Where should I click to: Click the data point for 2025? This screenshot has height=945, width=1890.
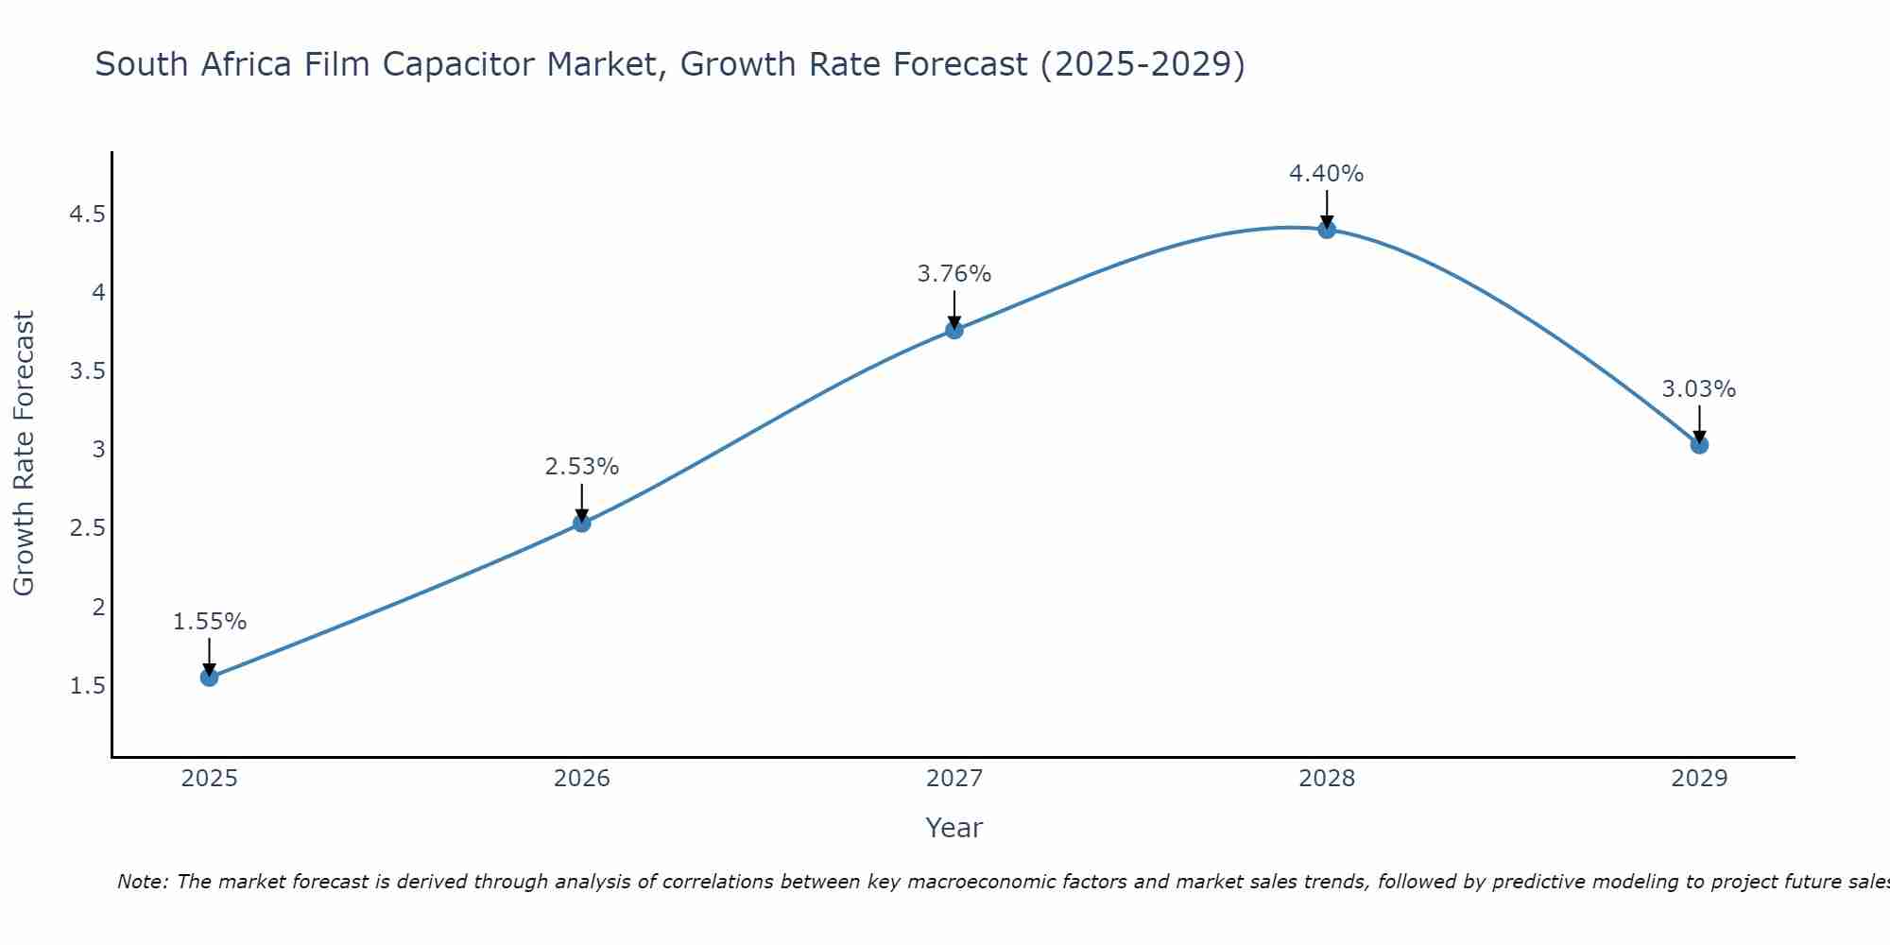tap(209, 677)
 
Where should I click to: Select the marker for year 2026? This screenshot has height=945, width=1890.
tap(582, 523)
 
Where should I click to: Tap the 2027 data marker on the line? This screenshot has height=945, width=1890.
tap(954, 330)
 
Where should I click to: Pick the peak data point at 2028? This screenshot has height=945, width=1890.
tap(1327, 229)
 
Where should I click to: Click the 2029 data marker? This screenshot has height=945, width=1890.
tap(1699, 444)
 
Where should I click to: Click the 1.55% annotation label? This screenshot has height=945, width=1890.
tap(209, 622)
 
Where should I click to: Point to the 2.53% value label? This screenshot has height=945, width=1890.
tap(582, 467)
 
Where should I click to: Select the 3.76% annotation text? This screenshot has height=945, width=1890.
tap(954, 274)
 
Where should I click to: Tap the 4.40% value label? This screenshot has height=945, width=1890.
tap(1327, 174)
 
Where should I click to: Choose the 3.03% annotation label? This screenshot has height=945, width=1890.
tap(1699, 389)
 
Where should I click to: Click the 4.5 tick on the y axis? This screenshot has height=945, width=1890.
tap(87, 215)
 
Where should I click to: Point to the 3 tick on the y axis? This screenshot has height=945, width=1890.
tap(98, 450)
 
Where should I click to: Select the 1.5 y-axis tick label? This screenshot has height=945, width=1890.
tap(87, 685)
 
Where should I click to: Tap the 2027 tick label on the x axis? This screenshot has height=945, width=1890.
tap(954, 779)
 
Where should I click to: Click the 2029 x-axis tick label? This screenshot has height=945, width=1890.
tap(1699, 779)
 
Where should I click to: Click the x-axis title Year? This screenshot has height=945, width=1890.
tap(954, 828)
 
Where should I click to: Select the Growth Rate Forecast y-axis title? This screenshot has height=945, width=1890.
tap(24, 454)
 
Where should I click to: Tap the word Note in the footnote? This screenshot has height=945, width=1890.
tap(142, 882)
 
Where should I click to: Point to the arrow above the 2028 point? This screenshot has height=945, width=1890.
tap(1327, 208)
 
